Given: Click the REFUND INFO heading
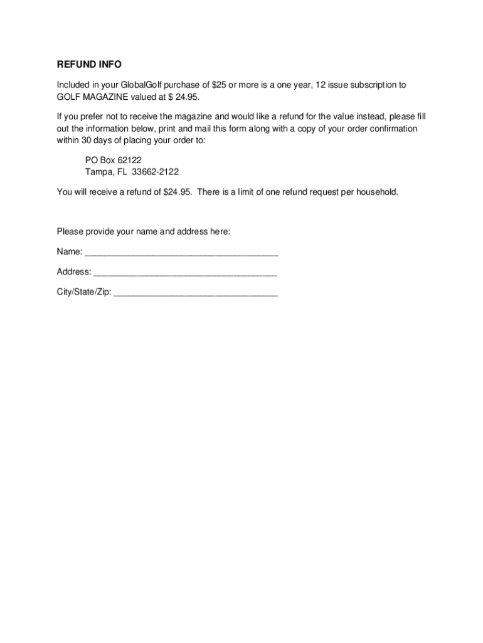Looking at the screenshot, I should coord(89,65).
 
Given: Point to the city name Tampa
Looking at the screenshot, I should coord(98,172).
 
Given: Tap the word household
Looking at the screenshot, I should coord(375,192).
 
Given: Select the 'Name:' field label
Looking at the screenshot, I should coord(69,252).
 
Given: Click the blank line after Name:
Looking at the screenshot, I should coord(181,254).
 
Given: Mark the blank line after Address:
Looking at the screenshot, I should coord(185,274).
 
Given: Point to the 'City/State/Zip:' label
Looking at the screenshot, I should coord(84,292).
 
